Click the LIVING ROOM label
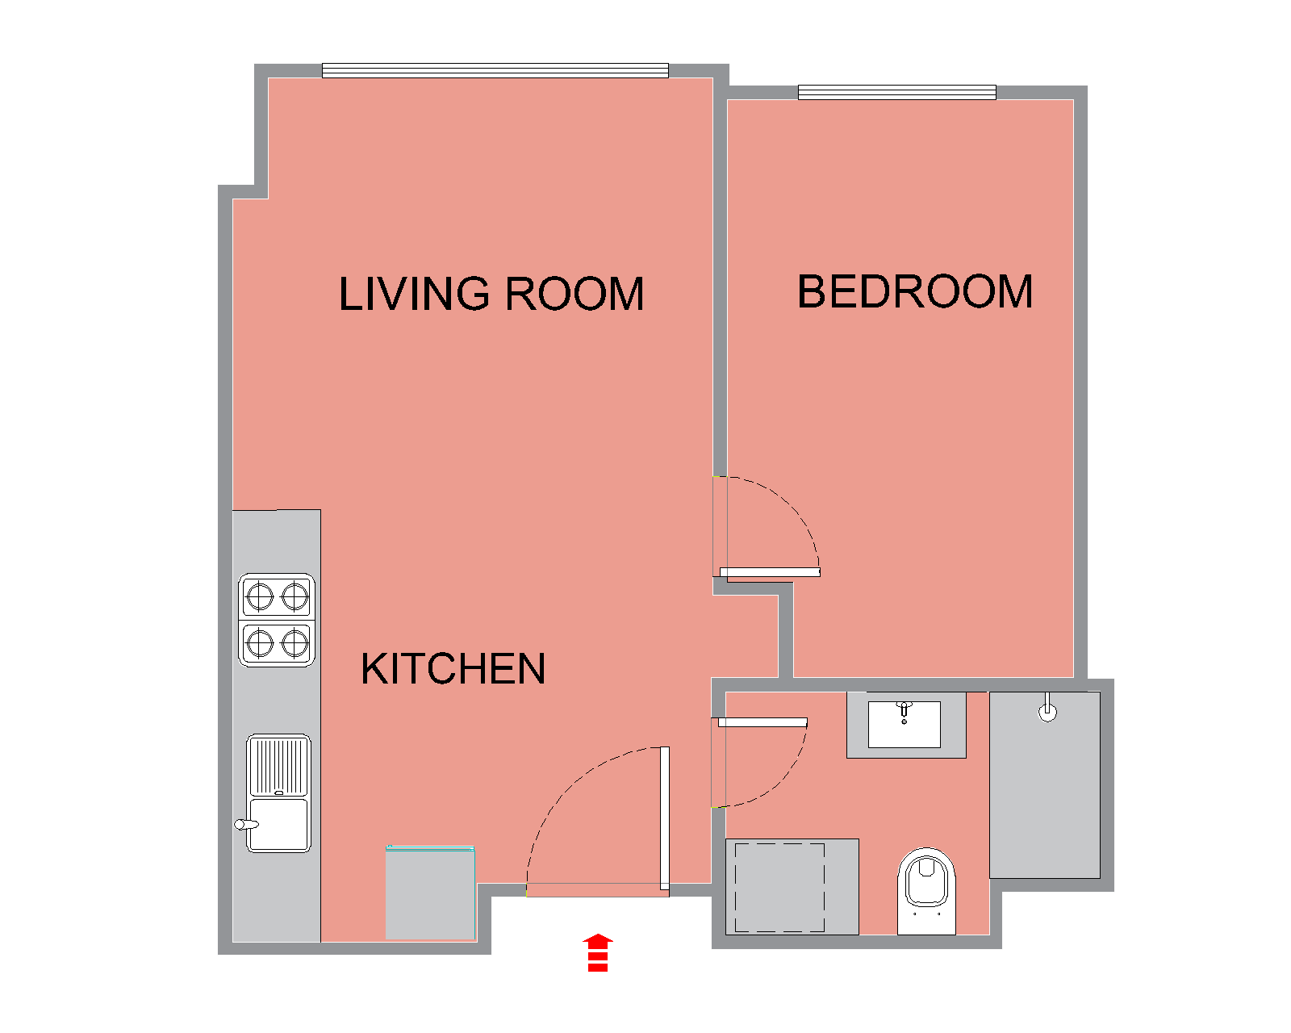pos(491,294)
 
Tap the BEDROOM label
pos(915,291)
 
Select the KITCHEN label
pos(453,669)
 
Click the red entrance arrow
pos(598,952)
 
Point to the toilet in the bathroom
pos(926,891)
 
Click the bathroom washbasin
pos(904,725)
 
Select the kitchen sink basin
pos(278,823)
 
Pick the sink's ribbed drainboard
pos(278,766)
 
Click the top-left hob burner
pos(260,596)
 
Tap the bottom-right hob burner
pos(295,643)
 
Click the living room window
pos(495,70)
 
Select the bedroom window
pos(897,93)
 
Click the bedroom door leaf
pos(770,572)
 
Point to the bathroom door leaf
pos(762,722)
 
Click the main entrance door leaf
pos(665,818)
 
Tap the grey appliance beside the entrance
pos(430,893)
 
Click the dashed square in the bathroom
pos(779,887)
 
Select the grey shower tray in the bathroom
pos(1044,785)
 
